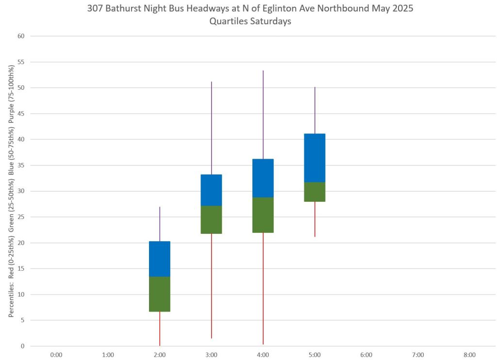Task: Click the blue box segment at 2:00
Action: pos(160,259)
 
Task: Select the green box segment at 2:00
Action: pos(160,294)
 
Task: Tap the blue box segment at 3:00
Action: pos(211,190)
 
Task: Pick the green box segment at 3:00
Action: pos(211,219)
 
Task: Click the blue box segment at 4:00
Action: pos(263,178)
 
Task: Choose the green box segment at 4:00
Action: pos(263,215)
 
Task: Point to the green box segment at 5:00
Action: pos(315,192)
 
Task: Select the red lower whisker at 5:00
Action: pos(315,219)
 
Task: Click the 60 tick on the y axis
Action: pos(21,36)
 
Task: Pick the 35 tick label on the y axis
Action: pos(21,165)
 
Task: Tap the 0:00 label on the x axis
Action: pos(56,355)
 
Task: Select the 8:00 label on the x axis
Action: pos(469,355)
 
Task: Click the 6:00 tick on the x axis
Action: pos(366,355)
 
